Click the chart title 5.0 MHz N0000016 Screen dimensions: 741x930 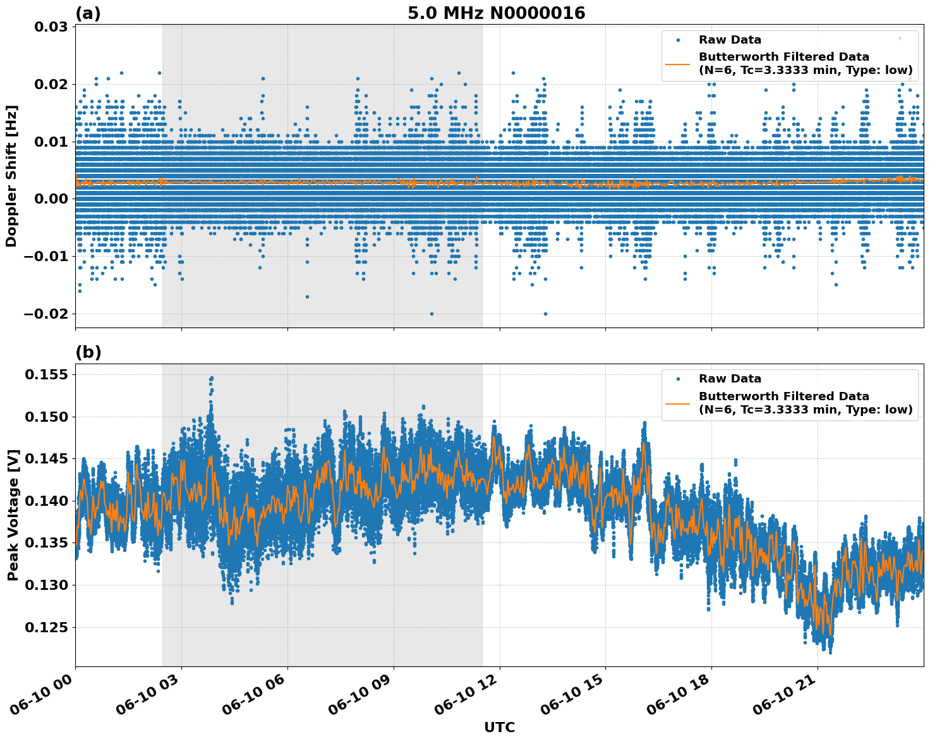coord(496,13)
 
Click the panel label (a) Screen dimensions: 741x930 coord(88,13)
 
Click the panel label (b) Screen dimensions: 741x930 coord(88,352)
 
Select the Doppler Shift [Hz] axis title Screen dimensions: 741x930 coord(11,176)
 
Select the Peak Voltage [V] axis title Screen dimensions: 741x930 coord(13,515)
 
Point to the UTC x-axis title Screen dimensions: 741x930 coord(499,727)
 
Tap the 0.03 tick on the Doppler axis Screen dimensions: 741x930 coord(47,27)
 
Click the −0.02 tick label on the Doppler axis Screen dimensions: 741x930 coord(42,314)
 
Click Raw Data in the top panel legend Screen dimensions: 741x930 coord(730,40)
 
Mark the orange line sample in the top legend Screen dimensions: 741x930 coord(678,64)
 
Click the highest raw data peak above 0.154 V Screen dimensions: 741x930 coord(212,378)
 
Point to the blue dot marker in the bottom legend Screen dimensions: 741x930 coord(678,379)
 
